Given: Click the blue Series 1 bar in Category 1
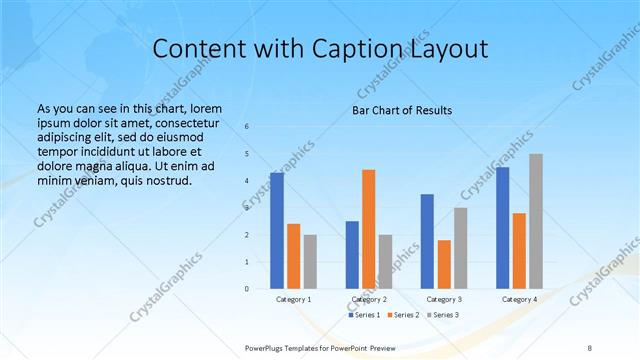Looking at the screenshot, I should pos(277,231).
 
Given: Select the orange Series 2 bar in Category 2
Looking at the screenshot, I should pos(368,229).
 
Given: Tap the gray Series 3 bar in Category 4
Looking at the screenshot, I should pos(536,221).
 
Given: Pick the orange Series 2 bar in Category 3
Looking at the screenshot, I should pos(444,264).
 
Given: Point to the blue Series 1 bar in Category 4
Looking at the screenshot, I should pos(503,228).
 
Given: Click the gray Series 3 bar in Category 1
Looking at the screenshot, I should pos(310,262).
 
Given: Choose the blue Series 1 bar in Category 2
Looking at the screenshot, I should pos(352,255).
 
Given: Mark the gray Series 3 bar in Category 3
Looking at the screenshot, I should pos(460,248).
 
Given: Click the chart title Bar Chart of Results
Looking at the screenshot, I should pos(402,110).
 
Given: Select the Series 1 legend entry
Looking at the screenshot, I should pos(364,315).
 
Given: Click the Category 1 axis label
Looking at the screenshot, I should pos(293,299).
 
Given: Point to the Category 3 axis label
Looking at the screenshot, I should pos(444,299).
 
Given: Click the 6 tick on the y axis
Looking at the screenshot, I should pos(247,127).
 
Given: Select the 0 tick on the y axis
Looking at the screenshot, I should pos(247,289).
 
